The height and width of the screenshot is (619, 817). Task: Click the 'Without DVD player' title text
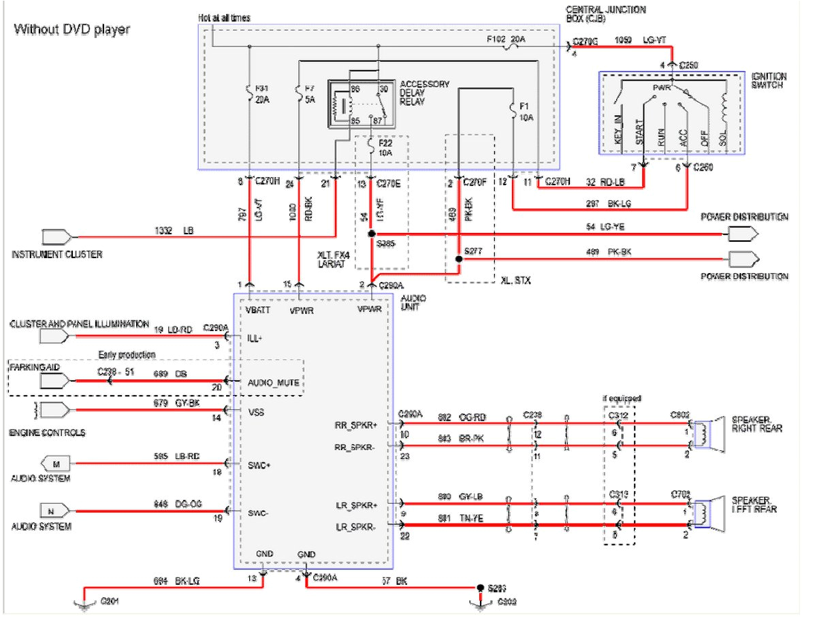[x=71, y=29]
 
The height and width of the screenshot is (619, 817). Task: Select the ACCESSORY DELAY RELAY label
[x=425, y=93]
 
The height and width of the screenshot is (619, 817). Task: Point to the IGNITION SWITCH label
[x=769, y=80]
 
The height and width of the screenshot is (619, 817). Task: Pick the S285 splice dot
[x=371, y=234]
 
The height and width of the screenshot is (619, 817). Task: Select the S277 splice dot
[x=460, y=259]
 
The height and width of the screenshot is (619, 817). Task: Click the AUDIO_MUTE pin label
[x=274, y=383]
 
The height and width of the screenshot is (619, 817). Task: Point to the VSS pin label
[x=257, y=413]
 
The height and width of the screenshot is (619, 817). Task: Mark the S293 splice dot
[x=481, y=587]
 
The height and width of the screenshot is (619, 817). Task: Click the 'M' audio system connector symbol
[x=57, y=464]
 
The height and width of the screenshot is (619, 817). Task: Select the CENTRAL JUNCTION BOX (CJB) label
[x=605, y=14]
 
